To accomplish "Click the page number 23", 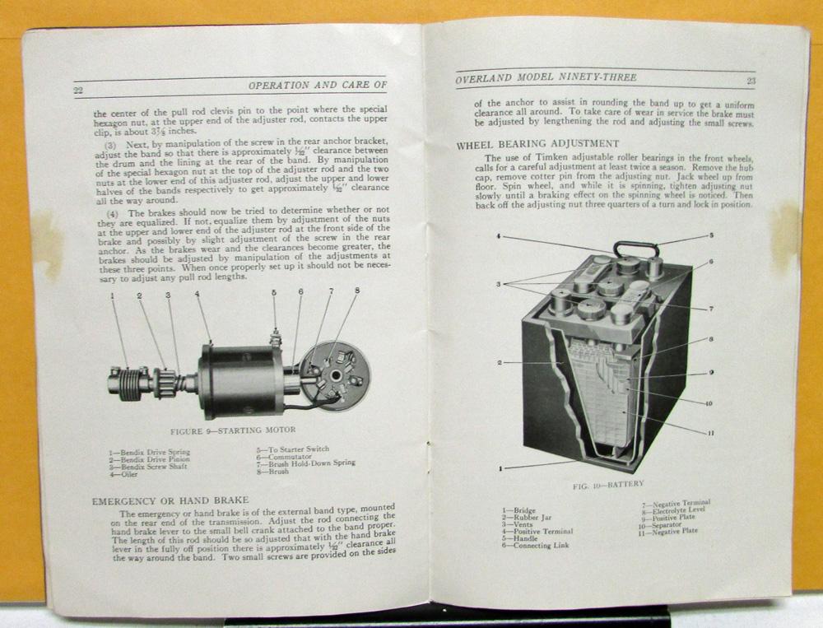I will [x=751, y=81].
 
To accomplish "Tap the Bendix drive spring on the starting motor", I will [x=128, y=383].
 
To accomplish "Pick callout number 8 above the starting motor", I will [x=357, y=291].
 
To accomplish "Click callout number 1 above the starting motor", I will [x=113, y=295].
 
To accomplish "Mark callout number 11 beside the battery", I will [x=711, y=432].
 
